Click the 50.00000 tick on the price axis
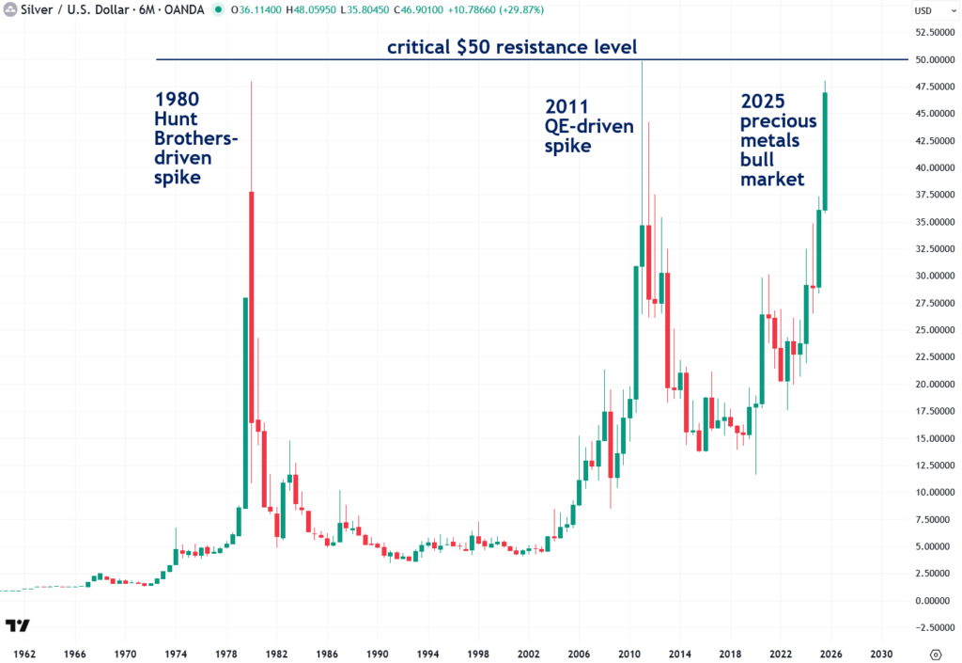tap(934, 59)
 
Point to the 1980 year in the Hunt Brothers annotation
tap(177, 99)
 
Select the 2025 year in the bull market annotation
tap(764, 101)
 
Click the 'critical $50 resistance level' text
tap(513, 47)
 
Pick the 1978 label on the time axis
tap(225, 653)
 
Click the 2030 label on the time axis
tap(881, 653)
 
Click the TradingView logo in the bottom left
tap(17, 625)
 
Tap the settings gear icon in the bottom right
tap(936, 654)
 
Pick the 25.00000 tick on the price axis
tap(934, 330)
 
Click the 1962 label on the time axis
tap(24, 653)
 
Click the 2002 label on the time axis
tap(528, 653)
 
